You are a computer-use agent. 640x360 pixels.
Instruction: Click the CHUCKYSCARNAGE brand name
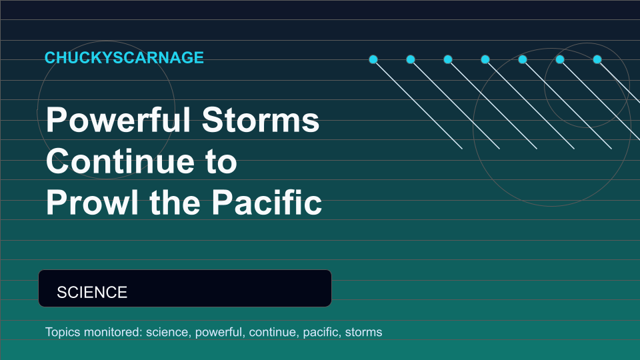click(x=124, y=57)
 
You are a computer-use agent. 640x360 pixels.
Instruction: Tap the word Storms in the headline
click(x=261, y=120)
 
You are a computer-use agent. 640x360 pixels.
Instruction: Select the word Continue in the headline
click(x=119, y=161)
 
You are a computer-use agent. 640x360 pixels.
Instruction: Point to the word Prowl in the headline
click(x=93, y=202)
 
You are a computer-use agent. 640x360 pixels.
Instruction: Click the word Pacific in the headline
click(x=267, y=202)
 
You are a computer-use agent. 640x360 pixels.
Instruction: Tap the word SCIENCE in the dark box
click(x=92, y=292)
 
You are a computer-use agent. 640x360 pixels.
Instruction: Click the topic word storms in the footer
click(x=364, y=332)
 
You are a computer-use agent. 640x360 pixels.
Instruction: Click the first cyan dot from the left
click(x=373, y=59)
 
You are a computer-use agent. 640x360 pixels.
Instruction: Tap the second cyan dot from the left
click(x=411, y=59)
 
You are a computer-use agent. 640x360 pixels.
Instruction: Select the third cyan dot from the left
click(x=448, y=59)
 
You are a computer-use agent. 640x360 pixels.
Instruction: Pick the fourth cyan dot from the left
click(x=485, y=59)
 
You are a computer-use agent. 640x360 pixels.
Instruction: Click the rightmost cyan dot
click(x=597, y=59)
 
